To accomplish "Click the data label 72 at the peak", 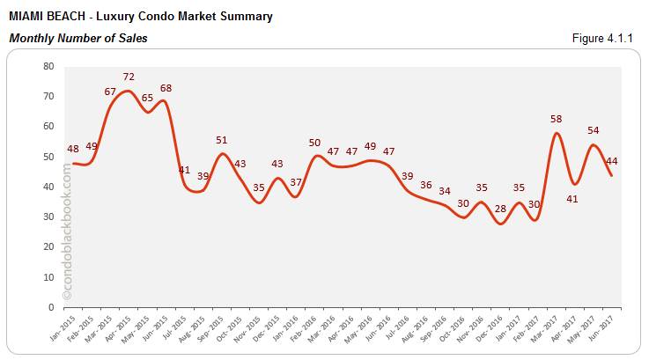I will [x=129, y=78].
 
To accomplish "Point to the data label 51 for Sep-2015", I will [x=223, y=140].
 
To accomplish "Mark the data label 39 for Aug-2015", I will [x=203, y=176].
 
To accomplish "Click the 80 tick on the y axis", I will [x=48, y=66].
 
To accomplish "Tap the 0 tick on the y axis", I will [x=51, y=307].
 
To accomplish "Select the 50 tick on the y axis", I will [x=48, y=157].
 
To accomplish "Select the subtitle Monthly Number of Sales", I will [x=78, y=39].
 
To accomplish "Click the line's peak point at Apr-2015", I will [x=129, y=91].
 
